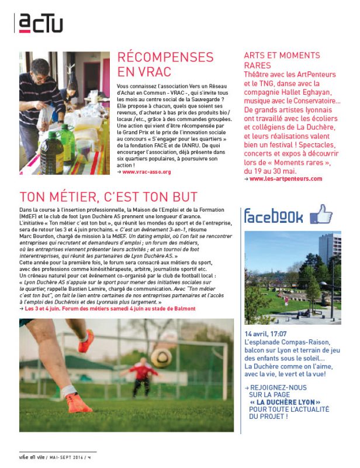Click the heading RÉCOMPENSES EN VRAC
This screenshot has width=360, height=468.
click(165, 64)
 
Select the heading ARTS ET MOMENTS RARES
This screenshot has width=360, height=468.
click(282, 60)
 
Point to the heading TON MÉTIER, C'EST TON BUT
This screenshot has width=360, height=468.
click(109, 197)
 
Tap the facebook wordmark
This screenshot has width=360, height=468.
click(274, 217)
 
